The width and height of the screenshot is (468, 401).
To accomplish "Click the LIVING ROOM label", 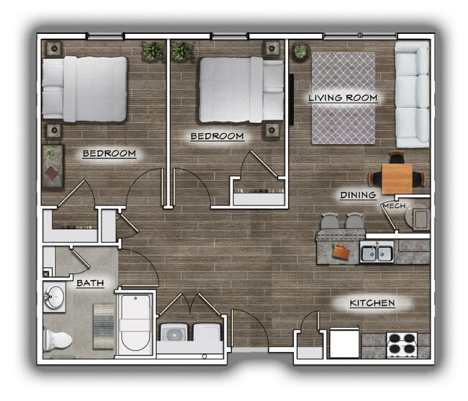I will pos(343,98).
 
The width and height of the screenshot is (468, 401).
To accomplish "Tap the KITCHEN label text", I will pos(372,303).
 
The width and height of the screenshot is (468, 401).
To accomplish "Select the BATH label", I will pos(91,284).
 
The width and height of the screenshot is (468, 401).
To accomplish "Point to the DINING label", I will pos(358,195).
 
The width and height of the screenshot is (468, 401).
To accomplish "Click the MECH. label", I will pos(395,207).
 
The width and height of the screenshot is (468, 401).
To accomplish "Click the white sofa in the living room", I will pos(413,94).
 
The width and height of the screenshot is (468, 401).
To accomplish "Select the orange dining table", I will pos(397,177).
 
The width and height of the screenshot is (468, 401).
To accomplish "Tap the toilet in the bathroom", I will pos(58,338).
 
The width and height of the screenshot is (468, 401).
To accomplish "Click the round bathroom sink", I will pos(54,296).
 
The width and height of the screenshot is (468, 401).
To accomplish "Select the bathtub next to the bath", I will pos(135,323).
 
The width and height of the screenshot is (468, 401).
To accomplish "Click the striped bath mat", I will pos(103,326).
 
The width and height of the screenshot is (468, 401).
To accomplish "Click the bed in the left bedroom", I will pos(84,89).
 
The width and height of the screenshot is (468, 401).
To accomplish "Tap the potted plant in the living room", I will pos(300,51).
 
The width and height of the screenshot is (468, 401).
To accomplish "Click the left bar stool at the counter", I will pos(330,224).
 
